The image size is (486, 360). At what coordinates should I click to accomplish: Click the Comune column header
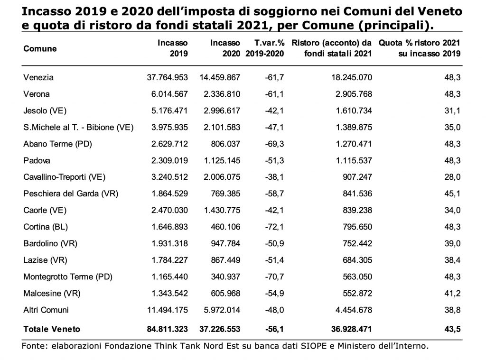point(40,49)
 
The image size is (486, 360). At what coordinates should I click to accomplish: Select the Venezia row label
point(38,77)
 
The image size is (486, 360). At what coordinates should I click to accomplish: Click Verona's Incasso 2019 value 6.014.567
point(169,94)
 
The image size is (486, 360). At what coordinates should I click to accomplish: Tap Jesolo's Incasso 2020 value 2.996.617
point(222,111)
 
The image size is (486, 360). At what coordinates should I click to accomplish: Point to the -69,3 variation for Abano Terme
point(274,144)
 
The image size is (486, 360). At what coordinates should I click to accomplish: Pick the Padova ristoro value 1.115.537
point(354,160)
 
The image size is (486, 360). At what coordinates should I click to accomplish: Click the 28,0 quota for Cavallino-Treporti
point(452,177)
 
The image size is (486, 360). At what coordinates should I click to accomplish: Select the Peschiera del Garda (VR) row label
point(71,194)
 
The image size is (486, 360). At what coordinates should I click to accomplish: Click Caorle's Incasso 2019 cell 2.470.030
point(169,210)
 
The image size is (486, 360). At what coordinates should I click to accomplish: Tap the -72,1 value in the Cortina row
point(274,227)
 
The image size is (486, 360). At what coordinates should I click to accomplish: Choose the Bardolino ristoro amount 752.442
point(357,243)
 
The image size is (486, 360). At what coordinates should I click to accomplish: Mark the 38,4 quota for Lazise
point(452,260)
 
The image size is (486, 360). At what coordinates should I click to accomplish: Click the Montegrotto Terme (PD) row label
point(68,277)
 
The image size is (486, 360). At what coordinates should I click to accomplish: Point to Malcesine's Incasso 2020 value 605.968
point(225,294)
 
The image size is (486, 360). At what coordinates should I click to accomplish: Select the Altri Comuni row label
point(46,310)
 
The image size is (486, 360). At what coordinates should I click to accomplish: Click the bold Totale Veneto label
point(52,329)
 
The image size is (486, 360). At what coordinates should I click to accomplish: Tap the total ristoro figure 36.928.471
point(352,329)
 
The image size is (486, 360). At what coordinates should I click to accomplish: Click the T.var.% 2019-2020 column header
point(265,48)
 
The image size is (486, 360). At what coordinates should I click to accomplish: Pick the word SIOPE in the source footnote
point(314,346)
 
